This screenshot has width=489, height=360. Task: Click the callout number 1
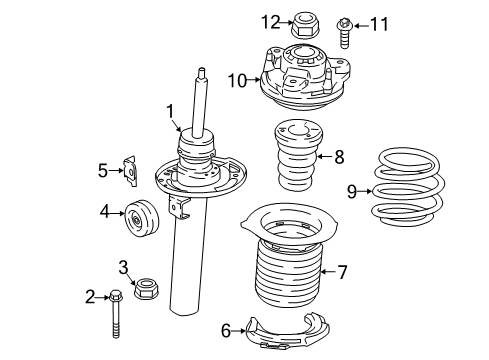coord(171,111)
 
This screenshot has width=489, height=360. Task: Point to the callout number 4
coord(103,211)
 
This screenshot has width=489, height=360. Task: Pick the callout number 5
coord(102,171)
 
